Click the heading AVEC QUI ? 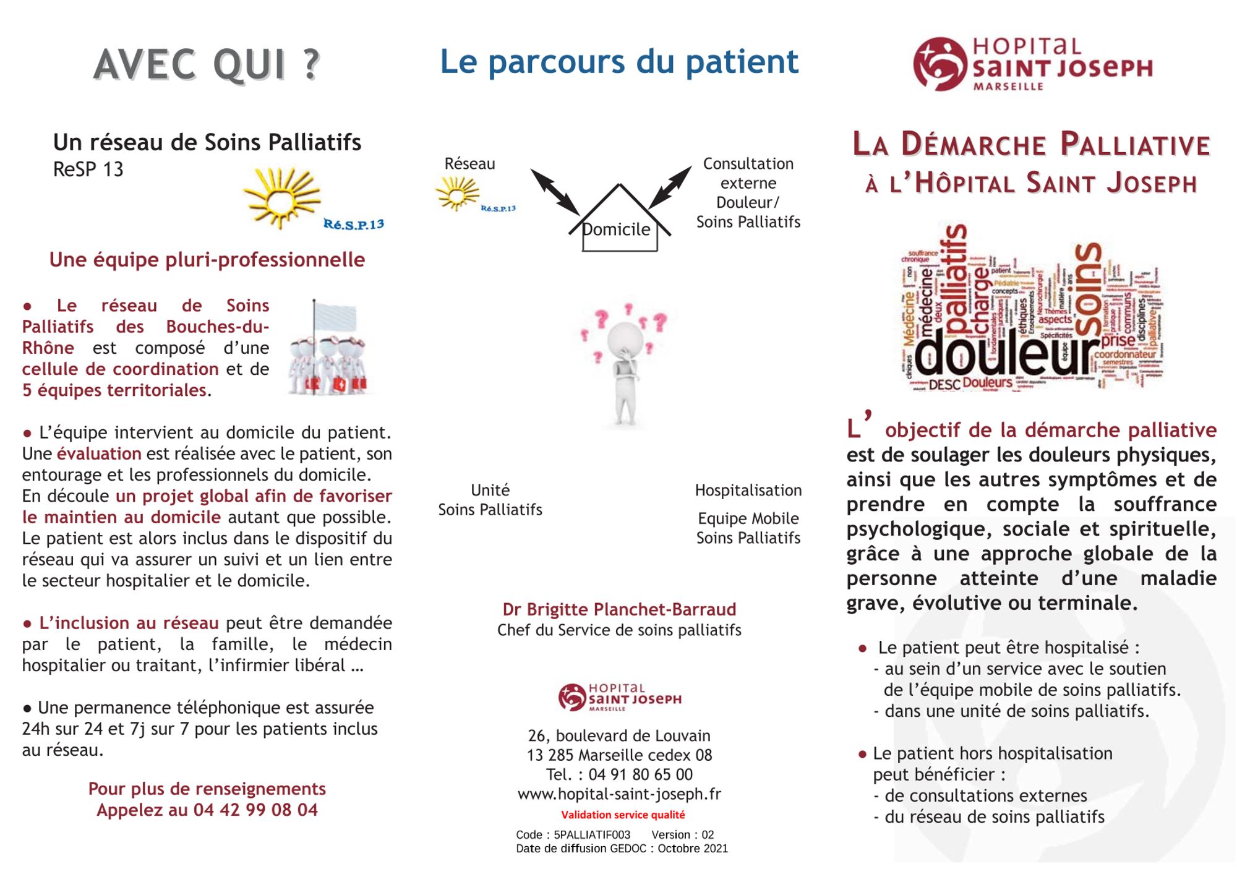pyautogui.click(x=207, y=64)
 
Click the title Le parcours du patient pyautogui.click(x=619, y=62)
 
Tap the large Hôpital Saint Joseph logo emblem pyautogui.click(x=939, y=64)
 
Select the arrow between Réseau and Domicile pyautogui.click(x=555, y=192)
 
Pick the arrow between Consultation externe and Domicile pyautogui.click(x=670, y=187)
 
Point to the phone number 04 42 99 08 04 pyautogui.click(x=255, y=810)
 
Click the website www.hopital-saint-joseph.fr pyautogui.click(x=619, y=794)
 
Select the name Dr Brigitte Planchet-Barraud pyautogui.click(x=619, y=609)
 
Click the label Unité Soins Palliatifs pyautogui.click(x=490, y=500)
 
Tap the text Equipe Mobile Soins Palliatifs pyautogui.click(x=748, y=528)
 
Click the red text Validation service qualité pyautogui.click(x=623, y=815)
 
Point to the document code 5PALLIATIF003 pyautogui.click(x=592, y=834)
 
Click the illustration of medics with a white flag pyautogui.click(x=328, y=349)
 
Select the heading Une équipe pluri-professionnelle pyautogui.click(x=207, y=260)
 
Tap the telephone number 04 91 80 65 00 pyautogui.click(x=640, y=774)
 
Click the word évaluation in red pyautogui.click(x=99, y=453)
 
